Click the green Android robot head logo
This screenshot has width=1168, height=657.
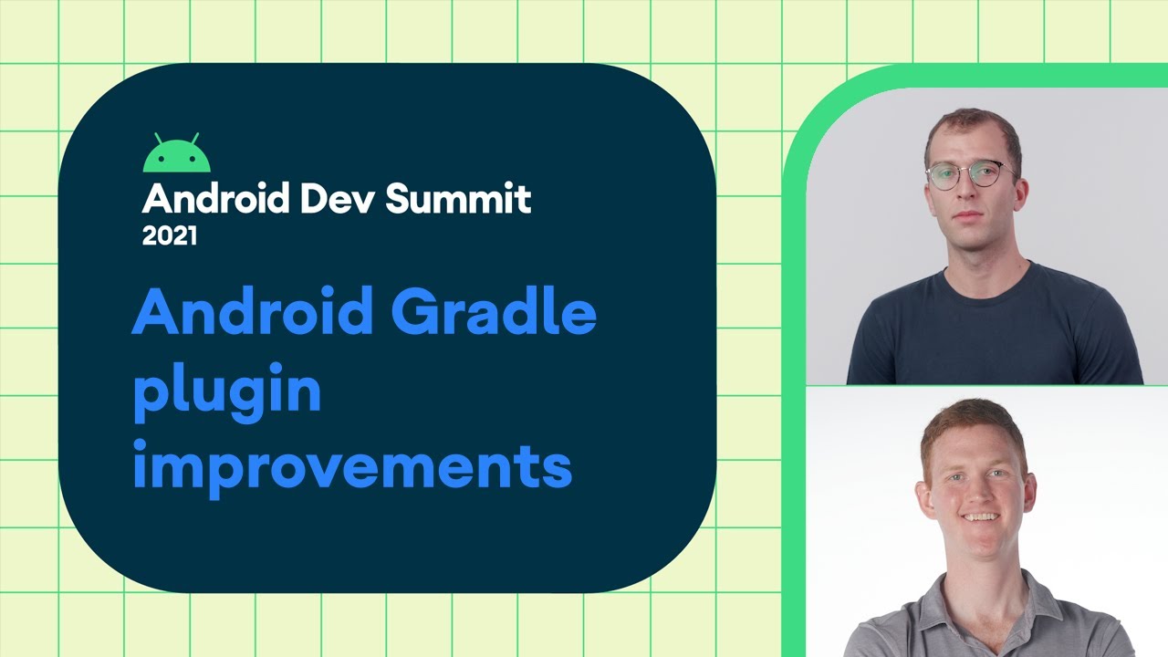[177, 157]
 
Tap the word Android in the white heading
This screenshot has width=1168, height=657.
[205, 198]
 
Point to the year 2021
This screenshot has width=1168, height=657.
[170, 236]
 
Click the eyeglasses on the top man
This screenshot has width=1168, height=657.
[971, 174]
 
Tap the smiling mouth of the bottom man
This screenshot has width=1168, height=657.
[979, 516]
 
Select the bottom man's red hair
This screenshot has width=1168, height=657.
[972, 424]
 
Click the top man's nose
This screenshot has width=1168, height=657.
[971, 189]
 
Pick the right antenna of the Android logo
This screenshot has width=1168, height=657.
[194, 138]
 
